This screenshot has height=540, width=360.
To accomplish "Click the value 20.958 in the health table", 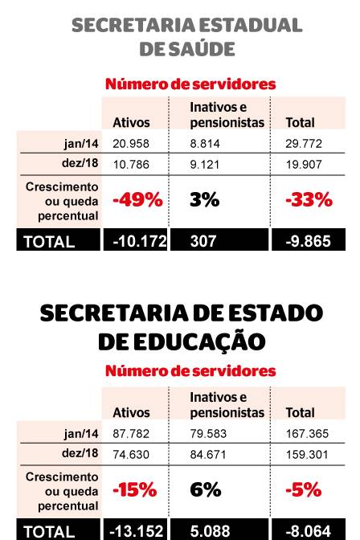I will pyautogui.click(x=130, y=142).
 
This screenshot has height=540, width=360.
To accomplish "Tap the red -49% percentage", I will pyautogui.click(x=137, y=200).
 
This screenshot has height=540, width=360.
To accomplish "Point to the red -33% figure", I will pyautogui.click(x=309, y=200).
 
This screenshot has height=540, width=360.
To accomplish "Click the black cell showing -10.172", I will pyautogui.click(x=135, y=241).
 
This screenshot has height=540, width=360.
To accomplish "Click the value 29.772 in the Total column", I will pyautogui.click(x=303, y=142).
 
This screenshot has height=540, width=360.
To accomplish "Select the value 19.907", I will pyautogui.click(x=303, y=163).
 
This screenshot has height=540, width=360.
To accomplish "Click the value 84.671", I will pyautogui.click(x=209, y=453).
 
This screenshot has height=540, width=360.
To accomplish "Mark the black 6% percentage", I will pyautogui.click(x=205, y=489).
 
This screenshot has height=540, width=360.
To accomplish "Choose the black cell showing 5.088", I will pyautogui.click(x=211, y=530).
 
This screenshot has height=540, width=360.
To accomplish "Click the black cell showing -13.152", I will pyautogui.click(x=135, y=530).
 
